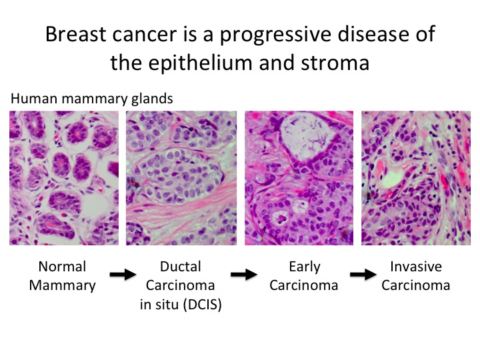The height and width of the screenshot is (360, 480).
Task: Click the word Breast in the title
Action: pyautogui.click(x=76, y=34)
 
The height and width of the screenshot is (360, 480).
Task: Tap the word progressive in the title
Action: pyautogui.click(x=275, y=36)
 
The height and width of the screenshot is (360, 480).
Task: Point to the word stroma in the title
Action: pyautogui.click(x=335, y=63)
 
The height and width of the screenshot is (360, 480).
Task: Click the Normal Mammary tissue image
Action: pyautogui.click(x=64, y=178)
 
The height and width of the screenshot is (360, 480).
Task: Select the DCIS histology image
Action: pyautogui.click(x=181, y=178)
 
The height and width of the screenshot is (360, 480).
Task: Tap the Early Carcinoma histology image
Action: pyautogui.click(x=299, y=178)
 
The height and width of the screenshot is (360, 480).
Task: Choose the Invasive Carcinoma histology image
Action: pyautogui.click(x=416, y=178)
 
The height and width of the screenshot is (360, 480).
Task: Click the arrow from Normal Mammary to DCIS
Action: pyautogui.click(x=123, y=274)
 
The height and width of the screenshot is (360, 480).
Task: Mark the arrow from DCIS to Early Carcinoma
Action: pyautogui.click(x=244, y=274)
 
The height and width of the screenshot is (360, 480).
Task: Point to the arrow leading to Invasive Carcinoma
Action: pyautogui.click(x=363, y=274)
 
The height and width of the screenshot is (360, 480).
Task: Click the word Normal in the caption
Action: pyautogui.click(x=62, y=267)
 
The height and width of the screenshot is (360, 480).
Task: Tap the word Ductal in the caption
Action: pyautogui.click(x=181, y=267)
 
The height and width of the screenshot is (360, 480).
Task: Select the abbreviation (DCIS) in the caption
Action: pyautogui.click(x=203, y=305)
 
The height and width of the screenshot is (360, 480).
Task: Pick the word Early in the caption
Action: pyautogui.click(x=305, y=267)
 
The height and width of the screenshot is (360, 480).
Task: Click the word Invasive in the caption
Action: pyautogui.click(x=416, y=267)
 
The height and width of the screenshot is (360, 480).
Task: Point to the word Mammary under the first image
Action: pyautogui.click(x=63, y=286)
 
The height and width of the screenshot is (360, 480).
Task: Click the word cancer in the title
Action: pyautogui.click(x=145, y=34)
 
